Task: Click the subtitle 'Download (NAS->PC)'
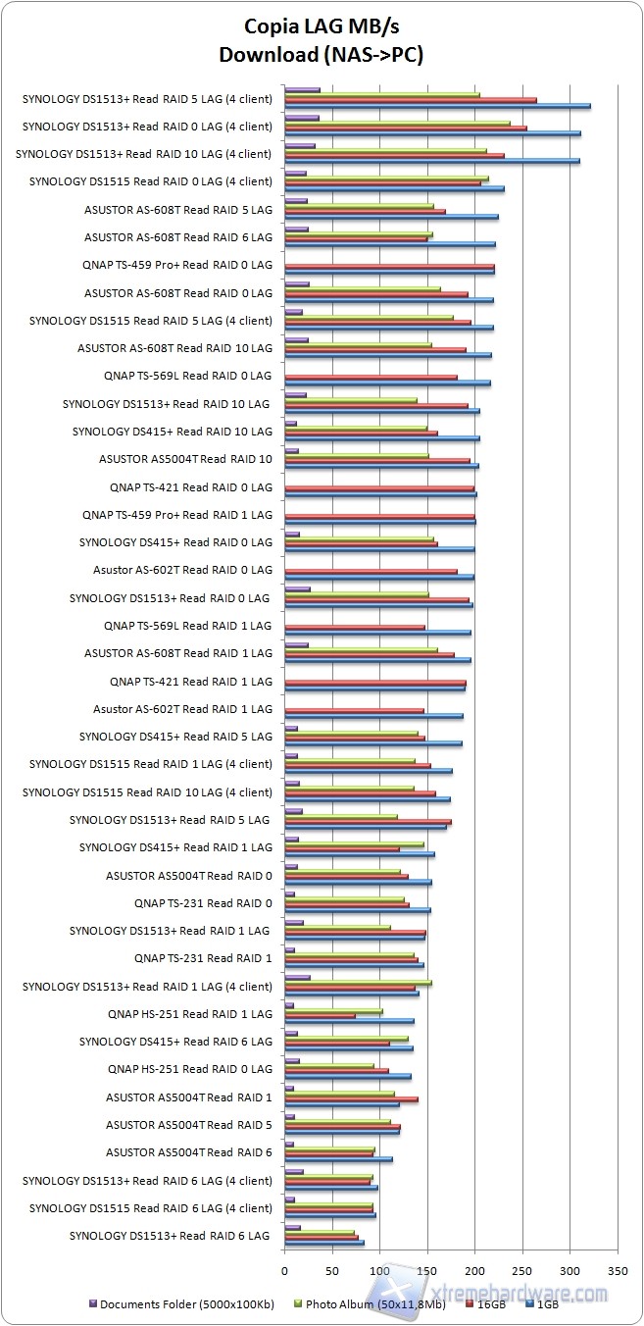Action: coord(322,55)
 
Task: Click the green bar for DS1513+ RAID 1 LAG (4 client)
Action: coord(358,981)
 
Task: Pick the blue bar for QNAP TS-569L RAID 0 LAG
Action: coord(387,382)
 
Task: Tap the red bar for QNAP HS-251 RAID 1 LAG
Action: coord(320,1015)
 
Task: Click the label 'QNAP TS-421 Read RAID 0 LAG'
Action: coord(191,486)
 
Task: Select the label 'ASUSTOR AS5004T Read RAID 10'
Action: coord(185,459)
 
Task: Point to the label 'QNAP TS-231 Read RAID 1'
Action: coord(203,958)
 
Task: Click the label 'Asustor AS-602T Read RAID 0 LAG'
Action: coord(182,570)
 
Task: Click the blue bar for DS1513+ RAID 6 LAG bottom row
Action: coord(323,1243)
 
